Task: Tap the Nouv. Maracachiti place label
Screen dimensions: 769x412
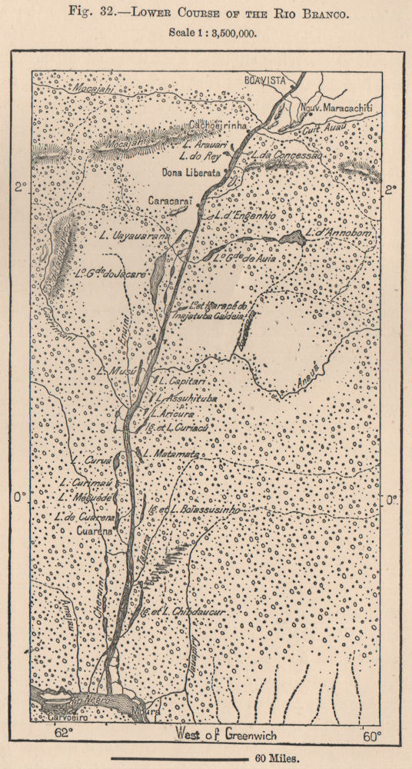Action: tap(336, 109)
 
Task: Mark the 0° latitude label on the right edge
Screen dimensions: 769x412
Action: tap(391, 499)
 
